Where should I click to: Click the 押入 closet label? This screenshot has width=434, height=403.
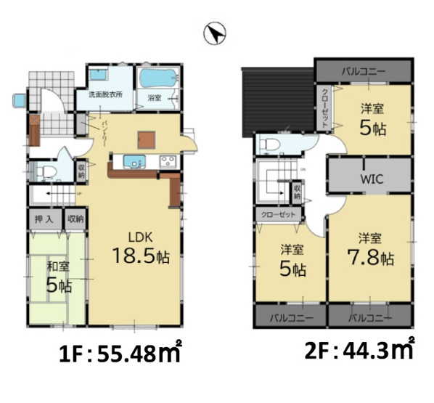pyautogui.click(x=44, y=219)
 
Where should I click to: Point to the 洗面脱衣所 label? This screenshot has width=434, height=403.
pyautogui.click(x=105, y=95)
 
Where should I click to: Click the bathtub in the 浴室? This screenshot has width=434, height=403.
pyautogui.click(x=156, y=78)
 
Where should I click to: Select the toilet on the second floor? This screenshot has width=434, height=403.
pyautogui.click(x=269, y=142)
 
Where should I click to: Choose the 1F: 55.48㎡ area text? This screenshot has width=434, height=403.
pyautogui.click(x=120, y=356)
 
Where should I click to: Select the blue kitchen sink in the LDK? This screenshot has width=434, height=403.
pyautogui.click(x=135, y=160)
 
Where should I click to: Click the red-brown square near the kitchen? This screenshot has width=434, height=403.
pyautogui.click(x=147, y=139)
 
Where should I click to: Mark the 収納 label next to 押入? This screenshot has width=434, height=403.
pyautogui.click(x=75, y=219)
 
